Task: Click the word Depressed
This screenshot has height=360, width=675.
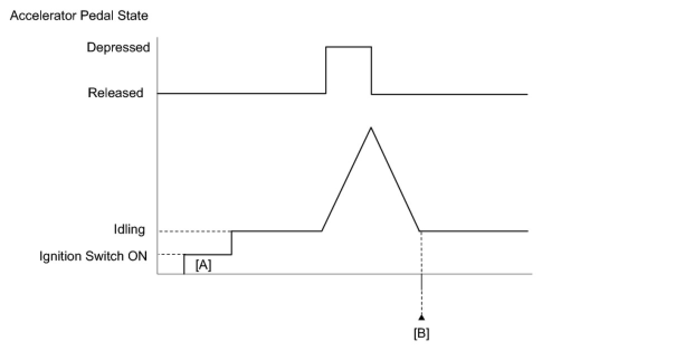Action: [118, 48]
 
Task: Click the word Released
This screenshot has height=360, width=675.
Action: [116, 93]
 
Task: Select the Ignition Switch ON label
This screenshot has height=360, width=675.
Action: [93, 257]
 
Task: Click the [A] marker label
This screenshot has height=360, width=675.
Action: [203, 266]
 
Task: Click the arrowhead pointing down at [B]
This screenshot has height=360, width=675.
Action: [421, 318]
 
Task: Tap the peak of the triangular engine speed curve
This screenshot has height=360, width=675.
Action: [370, 128]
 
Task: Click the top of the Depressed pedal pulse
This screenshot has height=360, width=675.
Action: [349, 47]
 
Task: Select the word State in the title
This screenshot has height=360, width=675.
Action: [135, 16]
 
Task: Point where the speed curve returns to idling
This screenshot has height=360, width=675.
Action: [420, 230]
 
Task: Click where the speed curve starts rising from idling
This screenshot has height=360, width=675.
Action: [322, 230]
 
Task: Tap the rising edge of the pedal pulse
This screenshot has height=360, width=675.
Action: [326, 70]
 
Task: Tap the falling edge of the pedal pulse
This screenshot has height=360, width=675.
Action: [372, 70]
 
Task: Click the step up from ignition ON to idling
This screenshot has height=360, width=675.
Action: [232, 243]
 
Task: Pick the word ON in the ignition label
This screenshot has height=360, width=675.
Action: [139, 257]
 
